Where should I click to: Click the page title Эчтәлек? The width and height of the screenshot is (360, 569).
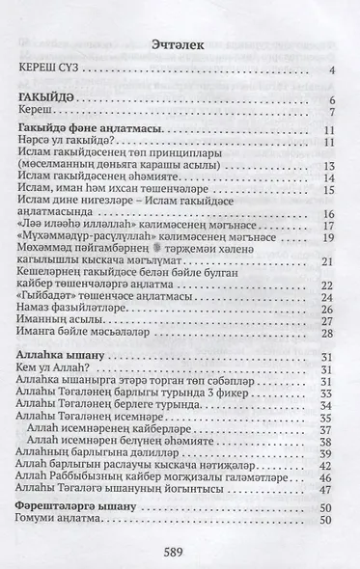pos(179,44)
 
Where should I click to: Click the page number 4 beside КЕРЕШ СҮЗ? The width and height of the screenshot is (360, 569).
pos(330,69)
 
